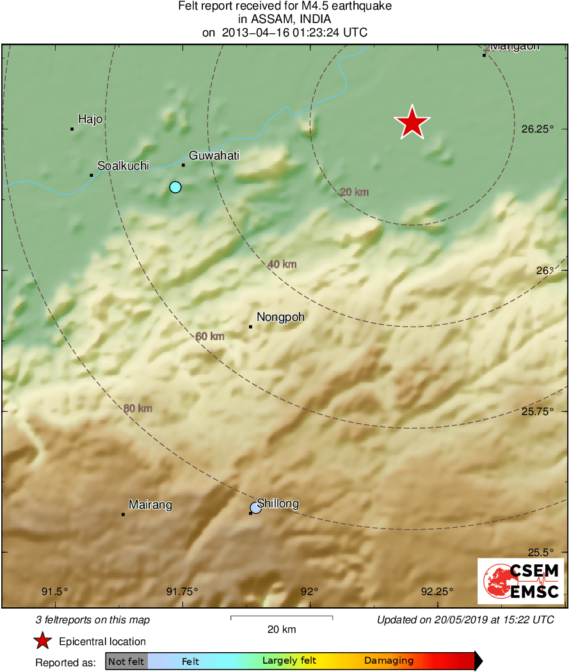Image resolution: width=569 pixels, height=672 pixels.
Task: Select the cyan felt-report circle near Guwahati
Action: (x=175, y=187)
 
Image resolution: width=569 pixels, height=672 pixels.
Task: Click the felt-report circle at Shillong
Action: (x=255, y=508)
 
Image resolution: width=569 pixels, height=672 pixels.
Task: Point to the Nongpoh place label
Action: (x=280, y=316)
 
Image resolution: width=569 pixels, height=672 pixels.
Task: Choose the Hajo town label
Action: (x=90, y=119)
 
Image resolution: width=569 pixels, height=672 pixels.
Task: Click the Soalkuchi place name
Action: (x=123, y=165)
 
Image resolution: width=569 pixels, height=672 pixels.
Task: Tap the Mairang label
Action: (x=150, y=505)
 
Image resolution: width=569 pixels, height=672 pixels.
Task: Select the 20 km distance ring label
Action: (x=354, y=192)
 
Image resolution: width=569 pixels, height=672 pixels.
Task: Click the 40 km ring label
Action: (x=282, y=264)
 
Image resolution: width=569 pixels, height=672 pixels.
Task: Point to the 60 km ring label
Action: (x=210, y=336)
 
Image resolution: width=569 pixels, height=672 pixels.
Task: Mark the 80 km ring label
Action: (x=138, y=408)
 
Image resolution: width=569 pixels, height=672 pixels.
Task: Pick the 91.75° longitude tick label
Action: (x=182, y=591)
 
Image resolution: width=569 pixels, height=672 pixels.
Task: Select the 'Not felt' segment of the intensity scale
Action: (x=127, y=661)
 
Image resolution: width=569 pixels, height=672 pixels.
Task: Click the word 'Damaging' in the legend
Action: (x=389, y=660)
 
